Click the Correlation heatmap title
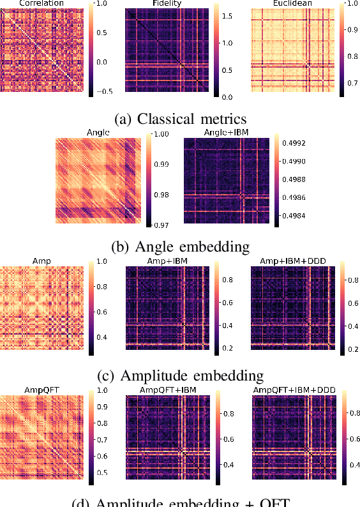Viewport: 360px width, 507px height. point(41,3)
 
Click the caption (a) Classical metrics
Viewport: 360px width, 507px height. point(179,118)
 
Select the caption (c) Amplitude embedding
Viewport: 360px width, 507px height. point(179,374)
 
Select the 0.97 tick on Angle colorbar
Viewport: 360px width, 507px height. point(163,225)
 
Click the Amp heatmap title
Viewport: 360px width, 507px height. point(41,261)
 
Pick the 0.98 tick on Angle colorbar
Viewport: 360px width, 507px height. point(163,195)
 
